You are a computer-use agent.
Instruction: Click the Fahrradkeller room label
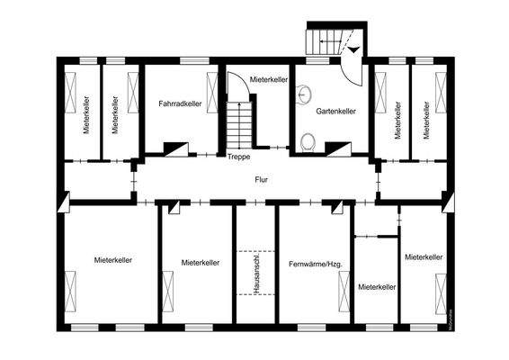click(x=179, y=104)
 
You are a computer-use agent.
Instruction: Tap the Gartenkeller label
click(x=335, y=112)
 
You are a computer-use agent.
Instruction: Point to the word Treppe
click(x=238, y=157)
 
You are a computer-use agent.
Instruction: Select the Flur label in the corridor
click(x=262, y=179)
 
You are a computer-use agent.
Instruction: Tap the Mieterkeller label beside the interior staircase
click(x=267, y=80)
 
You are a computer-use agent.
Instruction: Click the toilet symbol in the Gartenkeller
click(x=308, y=139)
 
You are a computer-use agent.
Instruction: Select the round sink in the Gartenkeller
click(x=305, y=93)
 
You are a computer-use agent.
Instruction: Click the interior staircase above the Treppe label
click(x=238, y=125)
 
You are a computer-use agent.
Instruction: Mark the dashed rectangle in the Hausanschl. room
click(x=255, y=270)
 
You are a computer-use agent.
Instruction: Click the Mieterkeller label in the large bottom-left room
click(x=113, y=259)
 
